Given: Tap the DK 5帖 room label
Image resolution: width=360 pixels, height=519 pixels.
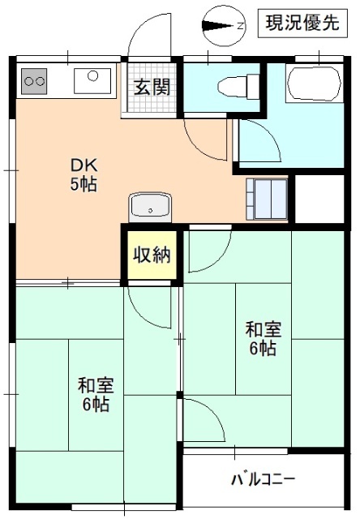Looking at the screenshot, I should tap(83, 174).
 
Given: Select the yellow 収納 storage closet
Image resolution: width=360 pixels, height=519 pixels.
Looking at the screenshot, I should tap(152, 255).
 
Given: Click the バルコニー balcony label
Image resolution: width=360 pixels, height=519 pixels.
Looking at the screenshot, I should tap(263, 478).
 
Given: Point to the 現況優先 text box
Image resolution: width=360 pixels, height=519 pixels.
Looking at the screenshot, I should tap(299, 24).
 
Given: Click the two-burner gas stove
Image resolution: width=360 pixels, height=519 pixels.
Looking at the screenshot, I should tap(34, 80).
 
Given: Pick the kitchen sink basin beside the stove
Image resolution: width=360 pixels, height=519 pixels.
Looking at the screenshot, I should tap(92, 80).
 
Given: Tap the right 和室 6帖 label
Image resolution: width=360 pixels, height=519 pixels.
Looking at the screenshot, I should tap(264, 339).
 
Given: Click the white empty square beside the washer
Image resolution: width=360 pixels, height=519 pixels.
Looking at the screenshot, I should tap(315, 195).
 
